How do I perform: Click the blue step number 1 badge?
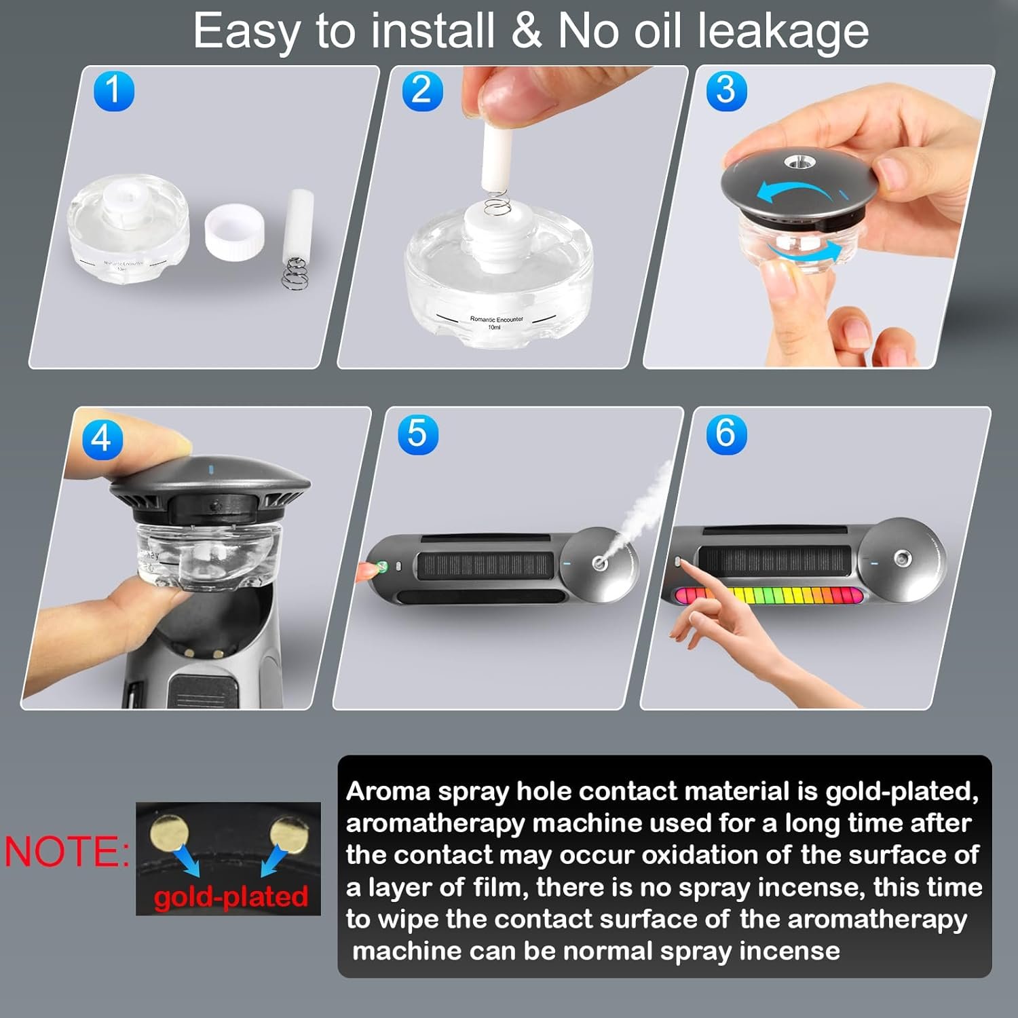113,91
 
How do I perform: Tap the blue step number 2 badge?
422,91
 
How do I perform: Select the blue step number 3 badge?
726,91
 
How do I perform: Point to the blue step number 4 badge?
102,439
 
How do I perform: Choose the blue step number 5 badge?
418,434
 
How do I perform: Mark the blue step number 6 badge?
726,434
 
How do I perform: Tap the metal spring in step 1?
293,271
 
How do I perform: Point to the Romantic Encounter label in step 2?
496,322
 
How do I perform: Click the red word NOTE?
67,851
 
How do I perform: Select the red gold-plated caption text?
231,897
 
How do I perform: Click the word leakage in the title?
783,32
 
